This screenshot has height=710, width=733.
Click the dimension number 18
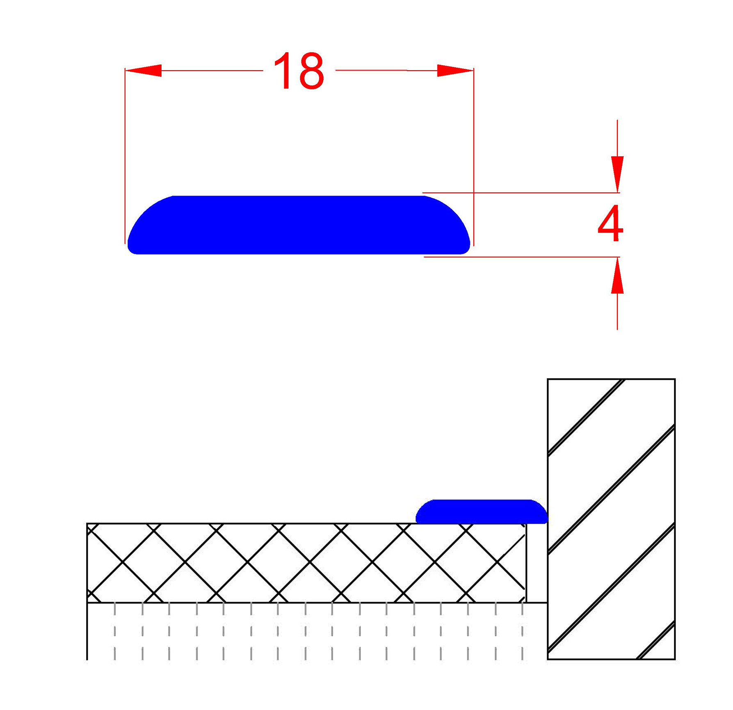(299, 71)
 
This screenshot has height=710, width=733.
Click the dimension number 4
(610, 224)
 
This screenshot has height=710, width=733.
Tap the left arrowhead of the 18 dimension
(143, 71)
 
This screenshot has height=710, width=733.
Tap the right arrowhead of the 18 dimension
(455, 71)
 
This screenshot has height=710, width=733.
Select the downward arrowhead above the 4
(617, 174)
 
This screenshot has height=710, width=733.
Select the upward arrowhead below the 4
(617, 275)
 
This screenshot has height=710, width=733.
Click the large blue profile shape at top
(299, 225)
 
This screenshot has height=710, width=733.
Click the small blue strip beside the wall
(482, 511)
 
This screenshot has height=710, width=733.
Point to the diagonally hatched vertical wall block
(611, 519)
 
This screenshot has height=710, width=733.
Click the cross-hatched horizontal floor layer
(306, 563)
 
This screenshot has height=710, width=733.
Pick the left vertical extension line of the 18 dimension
(125, 156)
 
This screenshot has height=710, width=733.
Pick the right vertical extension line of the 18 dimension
(474, 157)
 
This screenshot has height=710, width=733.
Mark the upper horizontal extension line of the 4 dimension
(521, 192)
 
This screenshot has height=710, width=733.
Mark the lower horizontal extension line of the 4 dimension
(522, 257)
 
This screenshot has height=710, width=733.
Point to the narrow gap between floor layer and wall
(537, 563)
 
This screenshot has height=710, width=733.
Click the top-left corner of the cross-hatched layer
(87, 523)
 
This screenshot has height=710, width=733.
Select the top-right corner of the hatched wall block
(675, 379)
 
